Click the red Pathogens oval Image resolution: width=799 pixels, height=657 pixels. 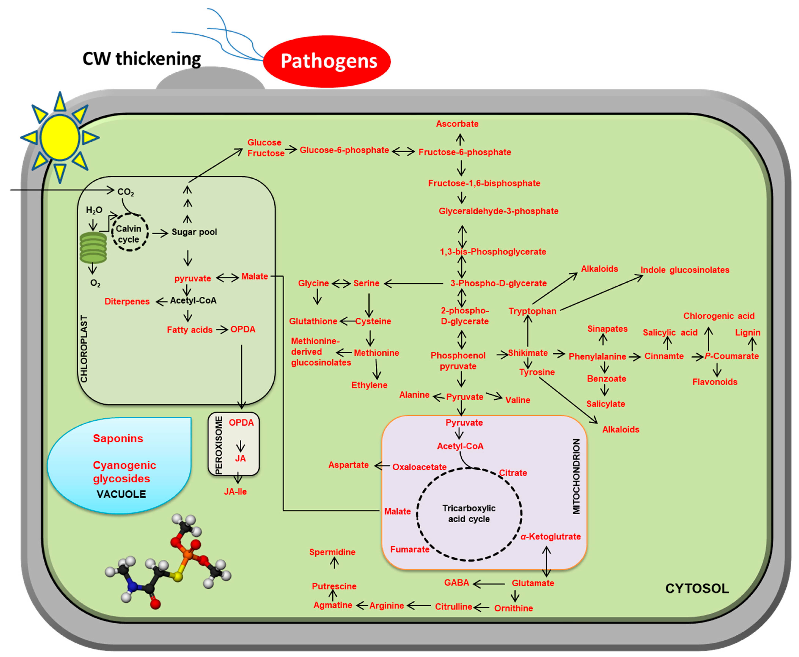(x=327, y=61)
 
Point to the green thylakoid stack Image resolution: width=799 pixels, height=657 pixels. (x=93, y=248)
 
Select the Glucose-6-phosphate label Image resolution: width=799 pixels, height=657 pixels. (x=344, y=150)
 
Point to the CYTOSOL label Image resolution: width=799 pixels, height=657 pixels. (x=697, y=588)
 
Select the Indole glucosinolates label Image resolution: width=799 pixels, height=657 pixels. (x=685, y=270)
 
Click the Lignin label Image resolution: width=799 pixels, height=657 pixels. (x=747, y=333)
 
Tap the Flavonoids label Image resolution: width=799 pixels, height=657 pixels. (x=714, y=382)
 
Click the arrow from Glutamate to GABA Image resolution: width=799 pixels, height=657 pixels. (x=489, y=584)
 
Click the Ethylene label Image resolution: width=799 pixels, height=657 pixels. (x=369, y=385)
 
